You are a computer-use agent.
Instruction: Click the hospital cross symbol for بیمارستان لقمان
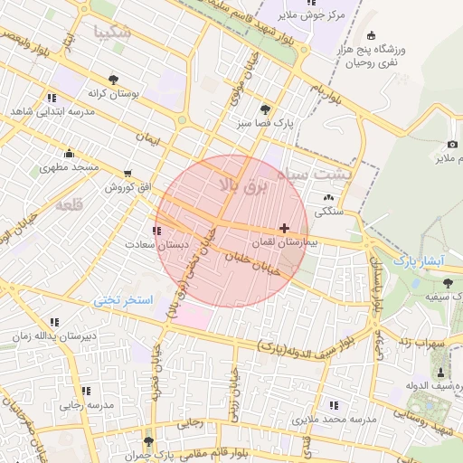286,228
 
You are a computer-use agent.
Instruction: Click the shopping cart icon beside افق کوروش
127,173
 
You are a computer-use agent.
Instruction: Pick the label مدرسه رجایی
88,405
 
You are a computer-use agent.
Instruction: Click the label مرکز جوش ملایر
328,15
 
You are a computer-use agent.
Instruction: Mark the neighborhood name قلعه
69,206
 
